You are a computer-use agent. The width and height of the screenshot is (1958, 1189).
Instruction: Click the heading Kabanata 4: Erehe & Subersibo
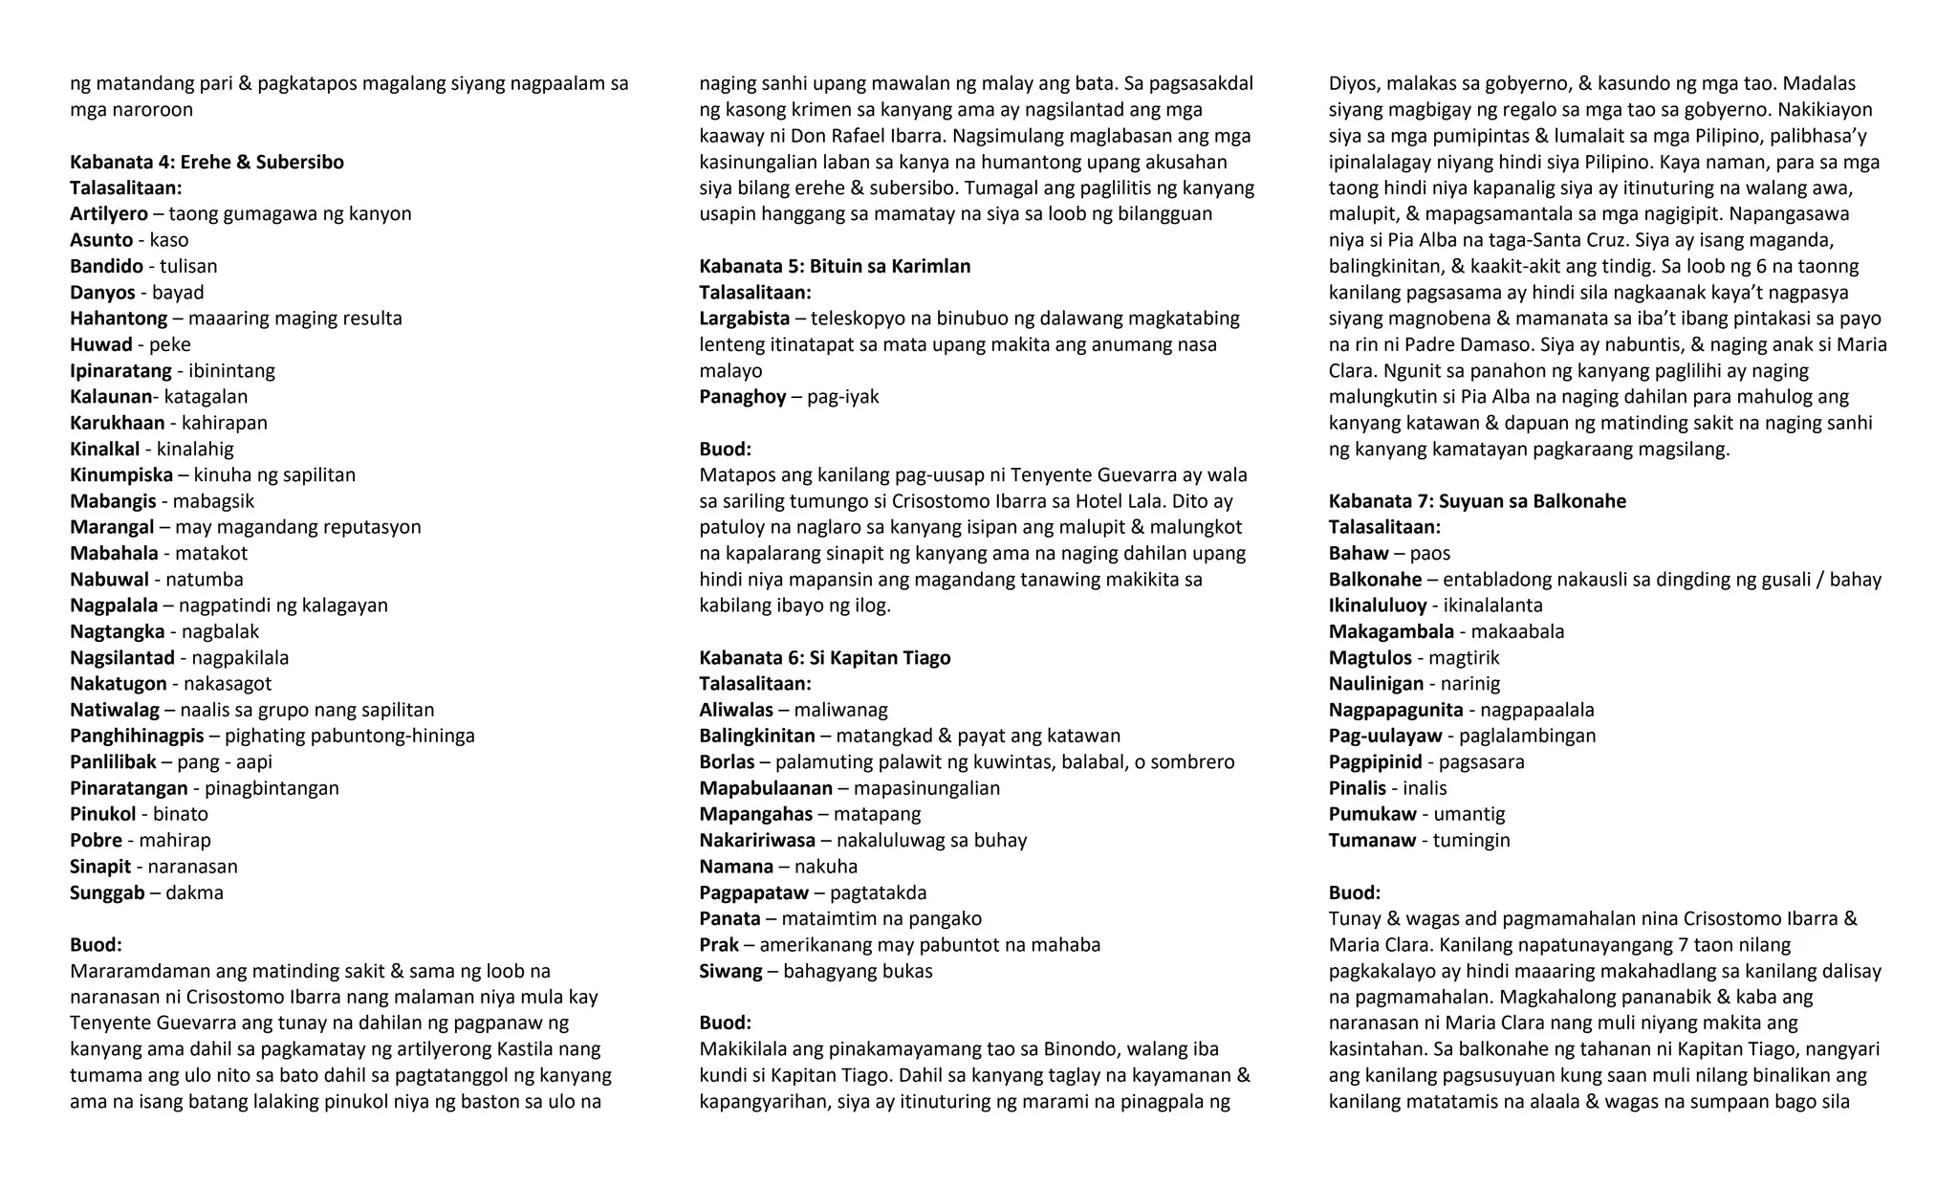[x=207, y=162]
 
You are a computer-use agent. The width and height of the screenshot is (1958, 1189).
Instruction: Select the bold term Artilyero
[x=108, y=213]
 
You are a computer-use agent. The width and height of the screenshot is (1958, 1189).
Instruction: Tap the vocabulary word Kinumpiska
[x=121, y=474]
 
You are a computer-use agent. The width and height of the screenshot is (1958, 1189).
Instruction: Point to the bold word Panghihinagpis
[x=137, y=736]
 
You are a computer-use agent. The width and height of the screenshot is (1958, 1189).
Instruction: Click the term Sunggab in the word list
[x=107, y=892]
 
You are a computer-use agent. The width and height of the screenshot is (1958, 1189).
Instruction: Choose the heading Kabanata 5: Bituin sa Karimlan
[x=834, y=266]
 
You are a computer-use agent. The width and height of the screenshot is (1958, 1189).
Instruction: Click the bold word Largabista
[x=744, y=318]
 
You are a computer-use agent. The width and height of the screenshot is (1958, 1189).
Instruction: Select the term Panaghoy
[x=742, y=396]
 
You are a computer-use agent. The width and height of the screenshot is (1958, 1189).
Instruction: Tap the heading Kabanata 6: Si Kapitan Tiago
[x=824, y=657]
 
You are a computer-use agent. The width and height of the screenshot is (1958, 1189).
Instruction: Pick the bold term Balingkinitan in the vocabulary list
[x=756, y=736]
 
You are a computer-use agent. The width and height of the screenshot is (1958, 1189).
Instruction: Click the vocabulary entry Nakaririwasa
[x=757, y=840]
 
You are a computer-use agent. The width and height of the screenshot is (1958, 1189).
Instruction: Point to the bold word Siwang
[x=730, y=971]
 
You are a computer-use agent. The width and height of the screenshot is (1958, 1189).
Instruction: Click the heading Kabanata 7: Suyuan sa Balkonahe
[x=1476, y=500]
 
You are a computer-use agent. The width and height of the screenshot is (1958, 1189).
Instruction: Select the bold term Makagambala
[x=1390, y=631]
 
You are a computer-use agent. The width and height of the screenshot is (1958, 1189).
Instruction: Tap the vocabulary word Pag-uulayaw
[x=1384, y=736]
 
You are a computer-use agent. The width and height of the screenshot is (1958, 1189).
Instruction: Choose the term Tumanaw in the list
[x=1371, y=840]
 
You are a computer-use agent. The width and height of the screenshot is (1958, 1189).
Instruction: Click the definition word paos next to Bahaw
[x=1429, y=553]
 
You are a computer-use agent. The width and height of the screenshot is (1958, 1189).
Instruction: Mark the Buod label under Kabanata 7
[x=1354, y=892]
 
